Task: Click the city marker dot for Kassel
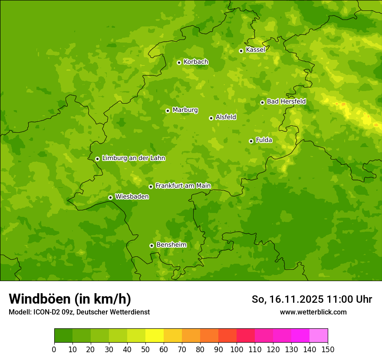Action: coord(241,51)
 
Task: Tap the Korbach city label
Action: coord(196,62)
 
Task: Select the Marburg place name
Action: coord(185,110)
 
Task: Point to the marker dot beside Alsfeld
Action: coord(211,118)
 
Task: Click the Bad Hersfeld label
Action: coord(286,102)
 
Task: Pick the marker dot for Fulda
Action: coord(251,141)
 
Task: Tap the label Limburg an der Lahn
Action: coord(133,158)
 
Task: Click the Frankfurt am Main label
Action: coord(183,186)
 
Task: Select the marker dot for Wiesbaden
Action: coord(110,197)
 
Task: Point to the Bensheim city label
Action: coord(171,245)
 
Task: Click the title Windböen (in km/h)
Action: coord(70,299)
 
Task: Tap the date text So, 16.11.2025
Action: coord(287,299)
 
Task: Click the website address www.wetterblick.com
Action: coord(313,312)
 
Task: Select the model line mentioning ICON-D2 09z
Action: coord(79,312)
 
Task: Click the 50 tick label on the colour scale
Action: coord(145,350)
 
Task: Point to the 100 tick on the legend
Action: coord(237,350)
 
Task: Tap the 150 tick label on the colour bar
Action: coord(328,350)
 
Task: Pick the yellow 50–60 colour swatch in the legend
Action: coord(155,336)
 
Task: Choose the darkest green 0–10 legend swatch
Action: coord(63,336)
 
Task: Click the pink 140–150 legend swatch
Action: coord(319,336)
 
